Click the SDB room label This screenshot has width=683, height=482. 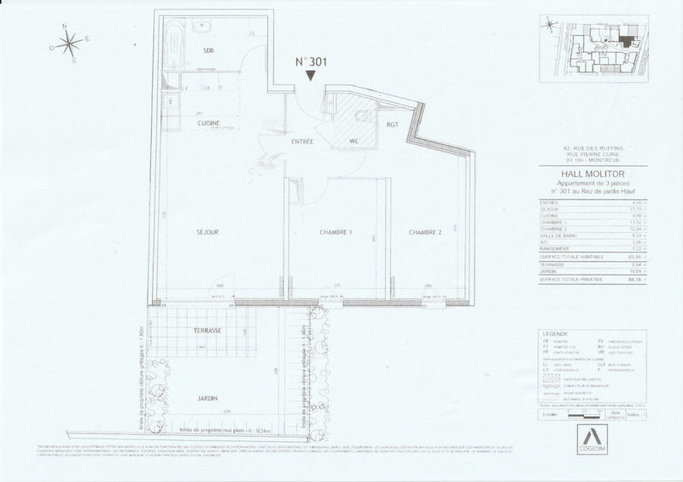(208, 51)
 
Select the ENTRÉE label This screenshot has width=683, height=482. (302, 141)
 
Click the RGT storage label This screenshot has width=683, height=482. (393, 125)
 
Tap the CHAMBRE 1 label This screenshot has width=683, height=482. (336, 232)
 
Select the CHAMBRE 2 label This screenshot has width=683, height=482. (424, 232)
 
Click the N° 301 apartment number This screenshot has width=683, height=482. (311, 62)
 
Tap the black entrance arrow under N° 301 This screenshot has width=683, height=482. (311, 77)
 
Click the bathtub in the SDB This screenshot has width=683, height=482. (173, 47)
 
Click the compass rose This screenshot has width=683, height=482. (72, 42)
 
